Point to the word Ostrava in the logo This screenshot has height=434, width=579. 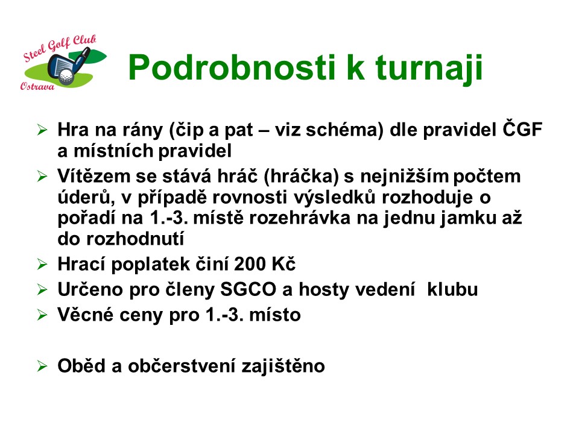pyautogui.click(x=37, y=86)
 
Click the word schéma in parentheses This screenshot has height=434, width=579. pyautogui.click(x=344, y=130)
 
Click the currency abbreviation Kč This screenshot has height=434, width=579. pyautogui.click(x=283, y=263)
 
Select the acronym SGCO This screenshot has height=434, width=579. pyautogui.click(x=248, y=289)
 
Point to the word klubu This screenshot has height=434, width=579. pyautogui.click(x=452, y=289)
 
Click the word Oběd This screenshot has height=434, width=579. pyautogui.click(x=81, y=365)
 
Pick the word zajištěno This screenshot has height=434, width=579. pyautogui.click(x=283, y=366)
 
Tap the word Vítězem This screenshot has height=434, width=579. pyautogui.click(x=94, y=175)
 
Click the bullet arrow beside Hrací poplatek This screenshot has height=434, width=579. pyautogui.click(x=42, y=264)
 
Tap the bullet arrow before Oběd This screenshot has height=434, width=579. pyautogui.click(x=42, y=366)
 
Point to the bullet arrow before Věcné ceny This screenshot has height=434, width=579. pyautogui.click(x=42, y=315)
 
